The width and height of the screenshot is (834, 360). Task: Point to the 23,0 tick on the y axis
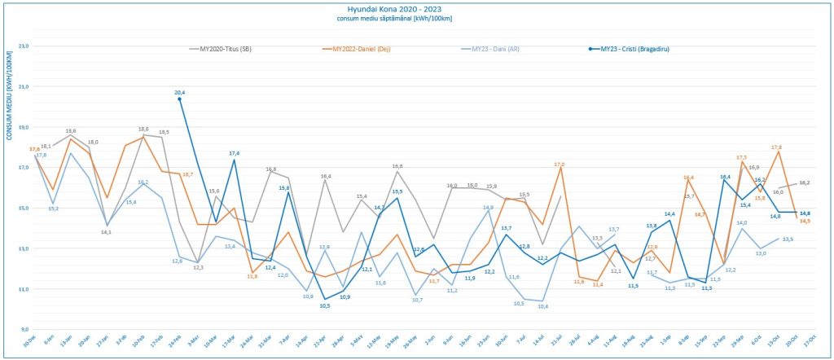pyautogui.click(x=23, y=46)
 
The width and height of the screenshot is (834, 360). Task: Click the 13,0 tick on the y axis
pyautogui.click(x=23, y=248)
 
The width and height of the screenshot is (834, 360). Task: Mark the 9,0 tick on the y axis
pyautogui.click(x=23, y=329)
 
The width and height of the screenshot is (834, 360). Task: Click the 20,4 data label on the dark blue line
pyautogui.click(x=180, y=92)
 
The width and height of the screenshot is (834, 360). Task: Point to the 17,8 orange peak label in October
pyautogui.click(x=776, y=147)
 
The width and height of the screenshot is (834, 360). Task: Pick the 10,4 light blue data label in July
pyautogui.click(x=542, y=307)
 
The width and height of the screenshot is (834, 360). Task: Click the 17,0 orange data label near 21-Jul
pyautogui.click(x=560, y=165)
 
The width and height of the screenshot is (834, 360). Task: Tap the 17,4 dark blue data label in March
pyautogui.click(x=234, y=153)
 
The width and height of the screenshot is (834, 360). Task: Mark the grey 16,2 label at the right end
pyautogui.click(x=804, y=183)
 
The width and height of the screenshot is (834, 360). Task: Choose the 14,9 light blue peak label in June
pyautogui.click(x=487, y=207)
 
